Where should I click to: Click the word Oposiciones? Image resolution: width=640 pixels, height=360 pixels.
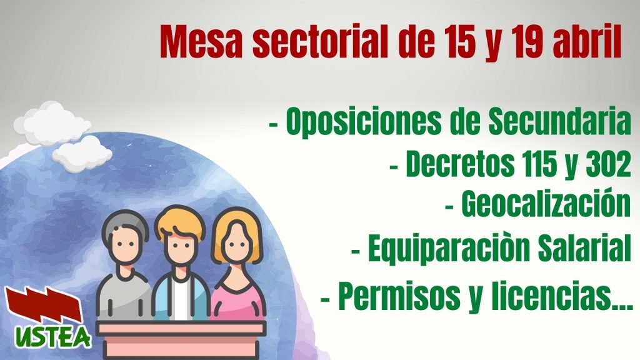(x=363, y=122)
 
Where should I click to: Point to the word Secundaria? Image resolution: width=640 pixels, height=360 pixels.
(x=559, y=121)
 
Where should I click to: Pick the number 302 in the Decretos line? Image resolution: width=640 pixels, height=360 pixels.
(x=608, y=164)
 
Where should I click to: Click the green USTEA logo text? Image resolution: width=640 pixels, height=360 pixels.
(x=53, y=337)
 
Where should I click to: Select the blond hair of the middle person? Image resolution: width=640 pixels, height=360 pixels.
(x=179, y=224)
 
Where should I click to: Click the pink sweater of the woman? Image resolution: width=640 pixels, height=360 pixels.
(x=237, y=301)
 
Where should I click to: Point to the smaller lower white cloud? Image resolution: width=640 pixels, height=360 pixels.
(x=82, y=154)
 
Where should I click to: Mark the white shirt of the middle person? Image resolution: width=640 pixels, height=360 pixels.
(x=181, y=299)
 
